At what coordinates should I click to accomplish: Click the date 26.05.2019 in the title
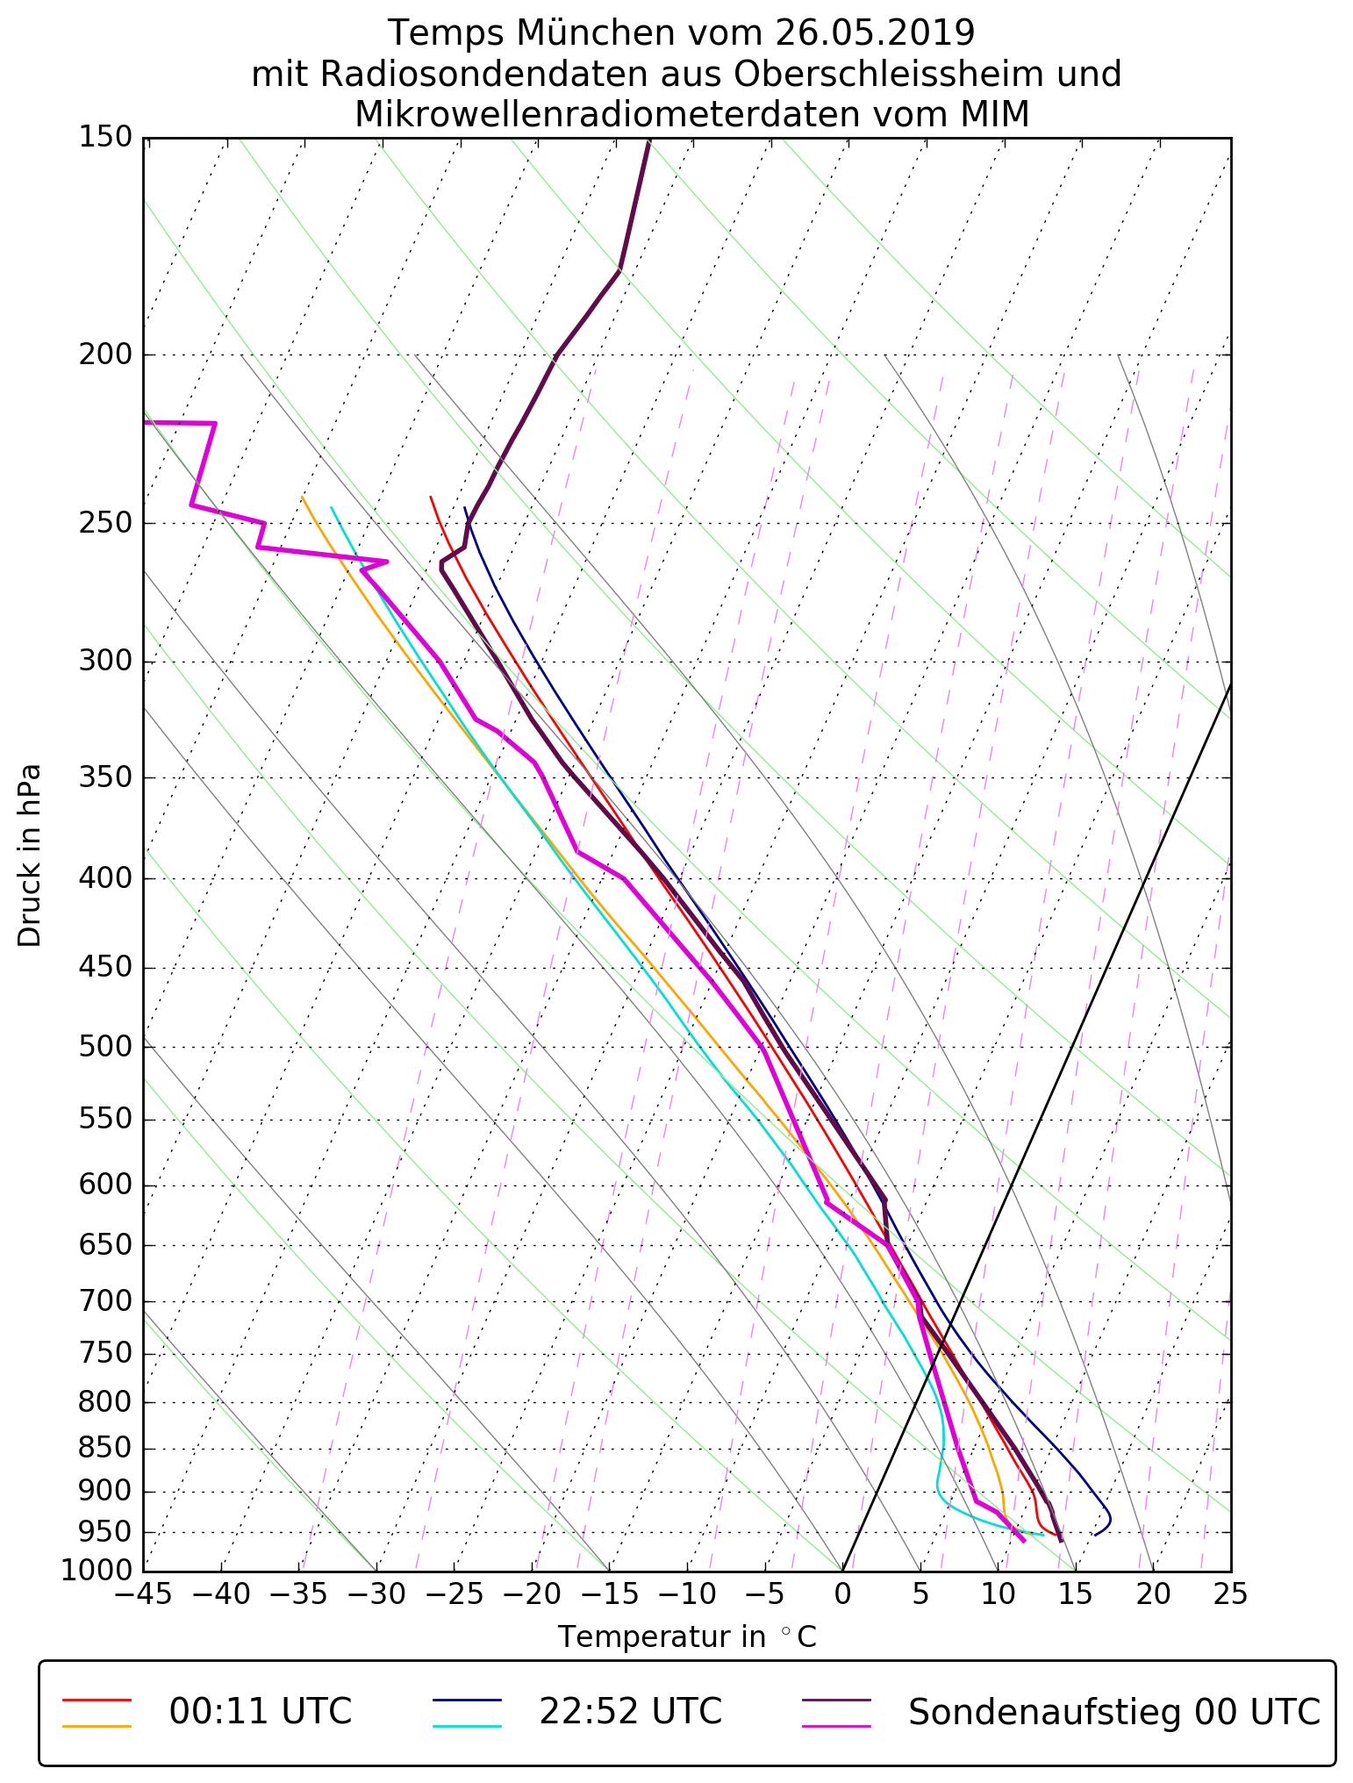[875, 33]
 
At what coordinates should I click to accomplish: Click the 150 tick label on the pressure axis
[106, 138]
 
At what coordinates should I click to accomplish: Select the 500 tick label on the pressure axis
[106, 1047]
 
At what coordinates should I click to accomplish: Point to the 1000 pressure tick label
[98, 1570]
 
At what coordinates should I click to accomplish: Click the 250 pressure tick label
[106, 523]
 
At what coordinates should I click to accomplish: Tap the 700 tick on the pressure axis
[106, 1301]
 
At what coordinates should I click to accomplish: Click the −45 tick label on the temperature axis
[143, 1594]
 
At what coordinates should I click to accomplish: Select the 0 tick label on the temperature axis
[842, 1594]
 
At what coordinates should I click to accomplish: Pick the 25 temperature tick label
[1230, 1594]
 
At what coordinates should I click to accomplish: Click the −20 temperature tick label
[532, 1594]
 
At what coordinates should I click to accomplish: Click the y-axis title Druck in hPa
[30, 856]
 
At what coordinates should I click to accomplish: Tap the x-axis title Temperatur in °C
[687, 1637]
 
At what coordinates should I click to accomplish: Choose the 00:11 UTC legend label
[261, 1712]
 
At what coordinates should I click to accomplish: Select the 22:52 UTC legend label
[630, 1712]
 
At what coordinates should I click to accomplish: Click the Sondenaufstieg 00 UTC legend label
[1114, 1712]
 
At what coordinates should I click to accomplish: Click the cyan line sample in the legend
[467, 1726]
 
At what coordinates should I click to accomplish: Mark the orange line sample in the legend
[97, 1726]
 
